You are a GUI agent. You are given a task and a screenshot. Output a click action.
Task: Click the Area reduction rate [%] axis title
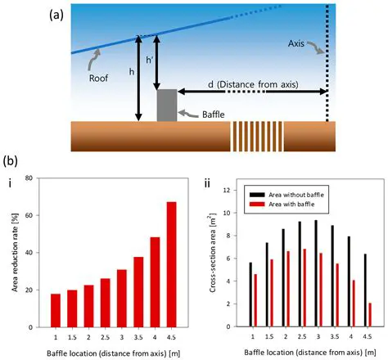(13, 250)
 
